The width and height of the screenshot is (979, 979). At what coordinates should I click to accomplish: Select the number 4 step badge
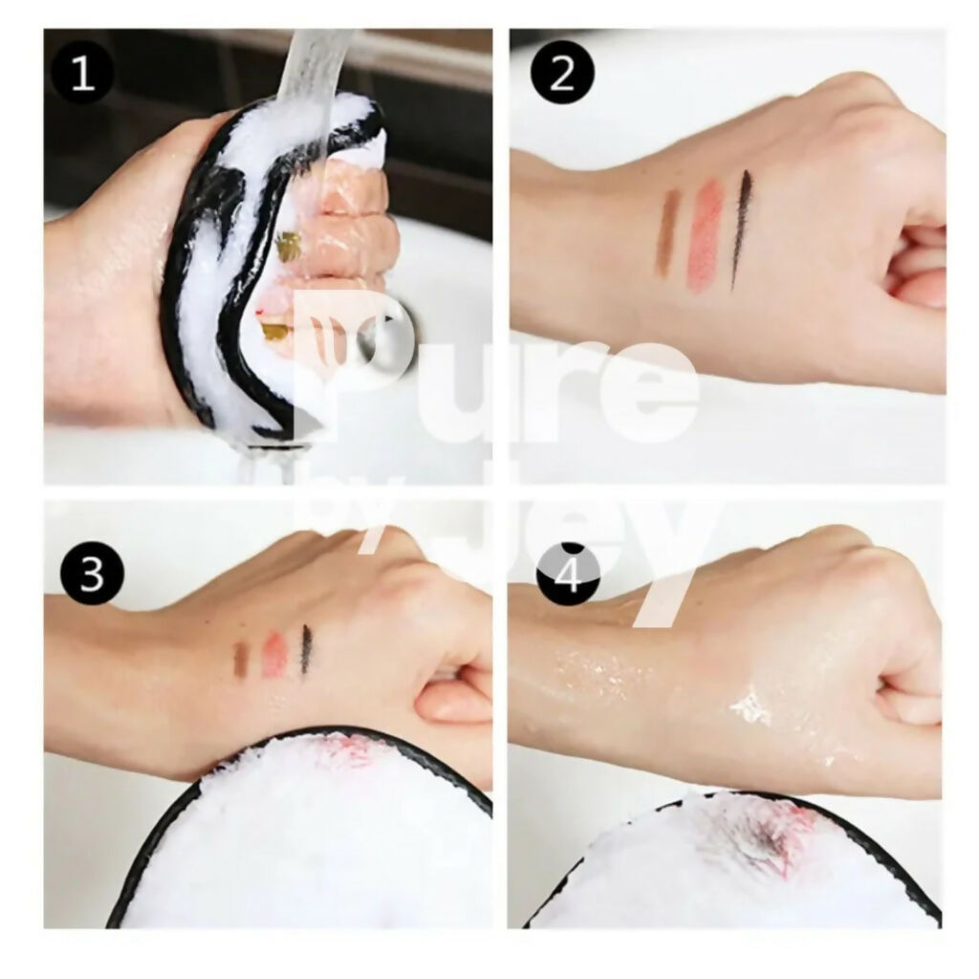click(x=568, y=574)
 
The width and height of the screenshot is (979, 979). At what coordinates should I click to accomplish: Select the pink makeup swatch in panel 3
click(x=272, y=654)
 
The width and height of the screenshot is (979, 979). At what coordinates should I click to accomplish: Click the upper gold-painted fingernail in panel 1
click(x=288, y=243)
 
